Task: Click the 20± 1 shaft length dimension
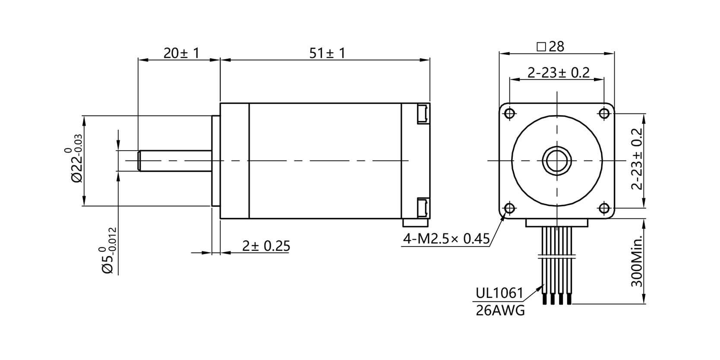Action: pos(181,54)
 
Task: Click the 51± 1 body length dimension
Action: pos(327,54)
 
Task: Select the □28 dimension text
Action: pos(550,47)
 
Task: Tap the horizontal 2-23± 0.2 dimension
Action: pos(558,73)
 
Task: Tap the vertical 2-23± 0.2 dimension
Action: pos(637,159)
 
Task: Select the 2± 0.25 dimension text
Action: pos(265,246)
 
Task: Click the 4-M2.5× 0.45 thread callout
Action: pos(446,238)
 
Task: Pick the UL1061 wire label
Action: pos(499,293)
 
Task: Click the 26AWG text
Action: pos(500,310)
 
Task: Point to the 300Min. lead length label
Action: pos(637,261)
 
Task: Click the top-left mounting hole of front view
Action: pos(509,114)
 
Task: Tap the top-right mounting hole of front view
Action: pos(604,114)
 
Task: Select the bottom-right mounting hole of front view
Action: pos(604,208)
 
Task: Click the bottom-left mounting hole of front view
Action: pos(509,208)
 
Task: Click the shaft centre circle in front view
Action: pos(557,161)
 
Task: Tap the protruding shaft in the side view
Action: pos(174,161)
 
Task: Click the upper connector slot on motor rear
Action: pos(422,114)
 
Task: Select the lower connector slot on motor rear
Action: pos(422,208)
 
